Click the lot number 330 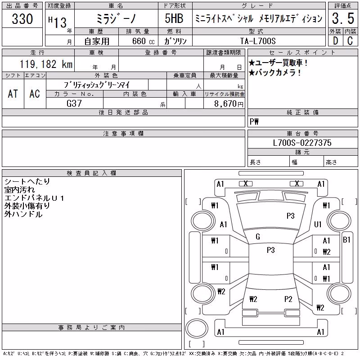[22, 19]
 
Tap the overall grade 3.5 [343, 18]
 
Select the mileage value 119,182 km [46, 64]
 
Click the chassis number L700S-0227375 [302, 143]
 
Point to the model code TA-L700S [258, 41]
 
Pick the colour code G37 [74, 103]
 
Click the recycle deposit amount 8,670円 [229, 104]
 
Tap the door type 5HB [174, 18]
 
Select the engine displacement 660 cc [144, 41]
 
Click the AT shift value [13, 94]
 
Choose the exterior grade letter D [335, 41]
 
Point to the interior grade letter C [350, 41]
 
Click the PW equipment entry [254, 121]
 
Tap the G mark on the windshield [258, 237]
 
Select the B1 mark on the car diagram [346, 240]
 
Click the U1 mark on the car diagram [318, 224]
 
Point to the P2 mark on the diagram [288, 299]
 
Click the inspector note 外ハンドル [23, 214]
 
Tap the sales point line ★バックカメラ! [275, 73]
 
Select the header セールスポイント [302, 53]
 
